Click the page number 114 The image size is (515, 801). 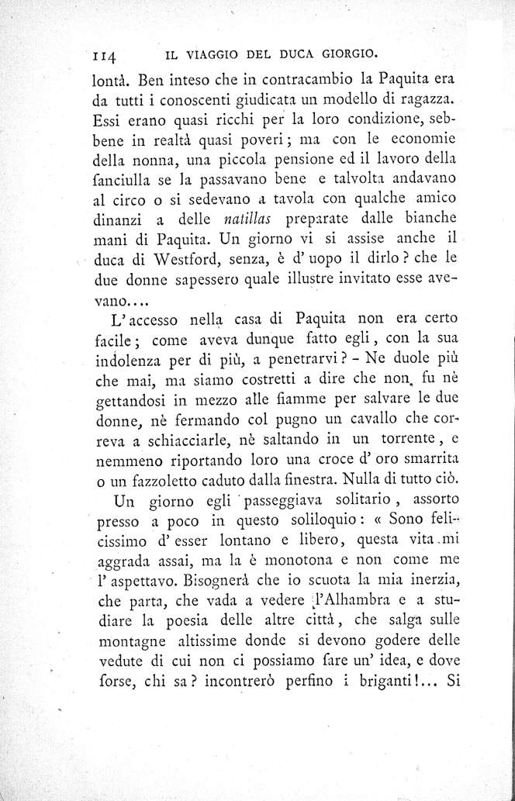click(x=102, y=55)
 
